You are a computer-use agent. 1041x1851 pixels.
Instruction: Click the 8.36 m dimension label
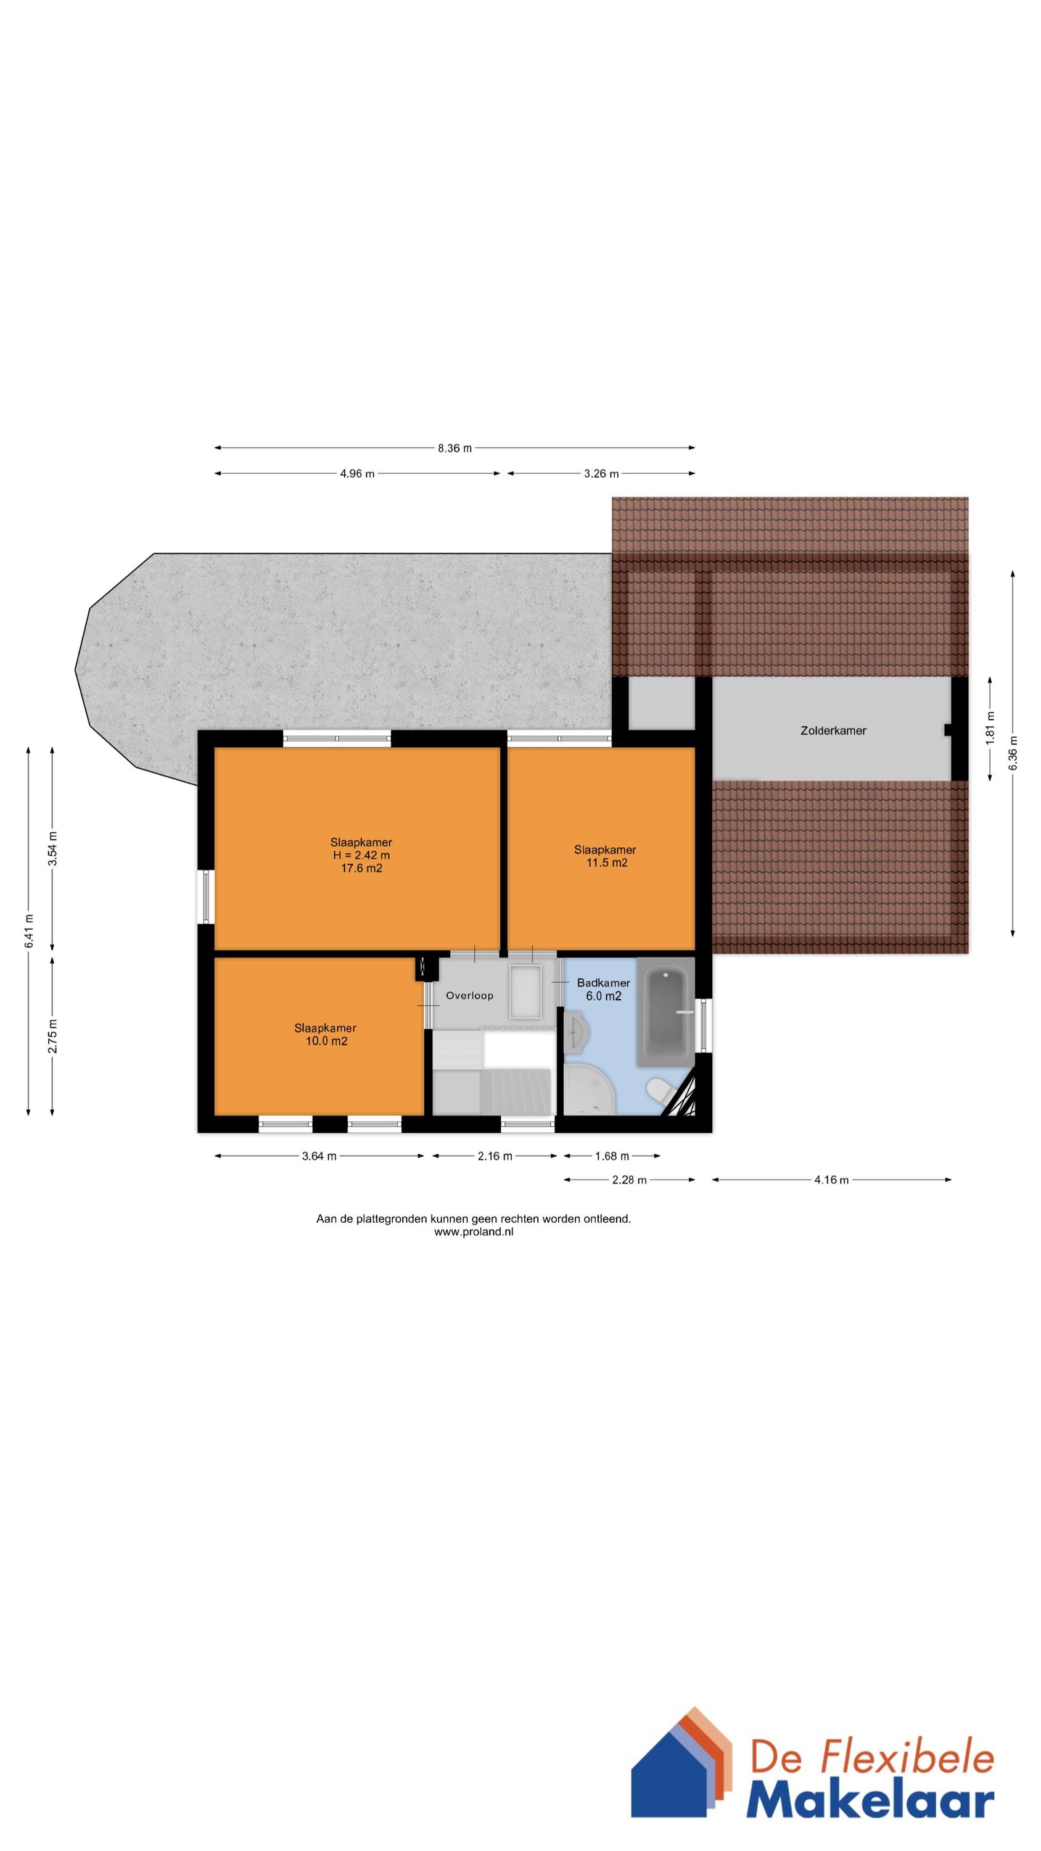click(455, 449)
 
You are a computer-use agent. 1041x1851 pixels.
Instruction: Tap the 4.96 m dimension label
click(357, 473)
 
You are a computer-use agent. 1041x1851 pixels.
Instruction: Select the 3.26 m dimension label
click(601, 473)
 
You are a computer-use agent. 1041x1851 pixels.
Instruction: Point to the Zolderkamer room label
click(833, 731)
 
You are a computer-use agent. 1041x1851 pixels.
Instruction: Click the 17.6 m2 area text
click(361, 868)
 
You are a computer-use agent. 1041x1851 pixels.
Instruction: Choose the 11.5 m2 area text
click(607, 863)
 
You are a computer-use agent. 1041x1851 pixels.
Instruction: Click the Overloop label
click(470, 995)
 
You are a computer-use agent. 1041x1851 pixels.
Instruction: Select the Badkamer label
click(604, 982)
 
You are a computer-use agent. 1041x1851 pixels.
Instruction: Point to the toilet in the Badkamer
click(658, 1090)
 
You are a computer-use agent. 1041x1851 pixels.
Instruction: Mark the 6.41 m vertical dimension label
click(29, 931)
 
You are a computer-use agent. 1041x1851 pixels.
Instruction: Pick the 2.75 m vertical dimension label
click(52, 1036)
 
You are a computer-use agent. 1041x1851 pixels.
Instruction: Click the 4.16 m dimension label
click(831, 1180)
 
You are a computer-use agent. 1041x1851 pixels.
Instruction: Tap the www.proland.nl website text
click(474, 1232)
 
